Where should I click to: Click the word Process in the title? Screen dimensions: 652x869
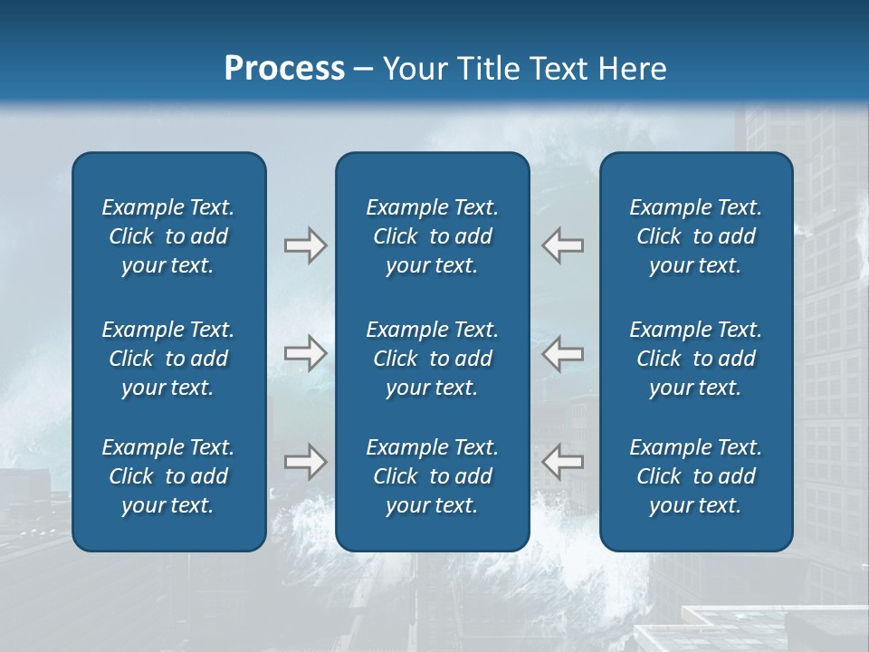coord(284,69)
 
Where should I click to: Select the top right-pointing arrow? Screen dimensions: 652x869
coord(305,245)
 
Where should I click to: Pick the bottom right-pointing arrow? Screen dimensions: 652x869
coord(305,462)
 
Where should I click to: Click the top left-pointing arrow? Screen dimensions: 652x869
coord(563,245)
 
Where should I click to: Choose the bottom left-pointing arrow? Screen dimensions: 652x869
coord(563,462)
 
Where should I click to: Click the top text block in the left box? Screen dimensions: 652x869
coord(168,236)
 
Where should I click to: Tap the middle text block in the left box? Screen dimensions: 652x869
coord(168,359)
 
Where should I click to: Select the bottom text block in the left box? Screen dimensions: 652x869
coord(168,476)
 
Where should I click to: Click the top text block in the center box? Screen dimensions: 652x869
coord(433,236)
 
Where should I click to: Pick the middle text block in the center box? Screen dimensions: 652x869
coord(433,359)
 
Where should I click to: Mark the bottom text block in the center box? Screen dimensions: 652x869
coord(433,476)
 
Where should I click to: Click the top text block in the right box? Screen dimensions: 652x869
coord(696,236)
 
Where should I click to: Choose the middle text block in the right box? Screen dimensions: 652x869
coord(696,359)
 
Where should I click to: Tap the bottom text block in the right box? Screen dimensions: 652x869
coord(696,476)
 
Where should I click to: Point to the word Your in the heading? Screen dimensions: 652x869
coord(414,69)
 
